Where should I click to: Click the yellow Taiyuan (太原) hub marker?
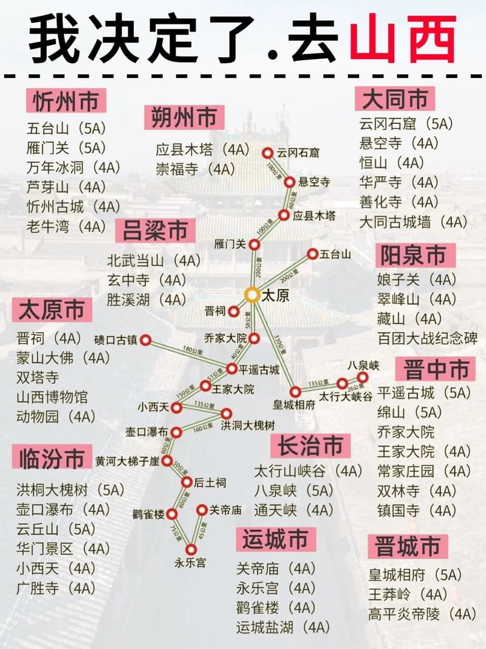click(x=252, y=295)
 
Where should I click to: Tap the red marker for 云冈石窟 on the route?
click(x=267, y=153)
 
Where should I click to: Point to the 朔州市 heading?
click(x=184, y=117)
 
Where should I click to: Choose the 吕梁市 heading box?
click(x=156, y=231)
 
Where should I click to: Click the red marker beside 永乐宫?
click(x=191, y=550)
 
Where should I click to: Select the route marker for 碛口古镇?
click(x=145, y=340)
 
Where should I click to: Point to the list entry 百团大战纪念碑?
click(x=427, y=338)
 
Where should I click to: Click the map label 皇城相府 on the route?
click(x=294, y=404)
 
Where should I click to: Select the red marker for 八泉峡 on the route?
click(x=363, y=377)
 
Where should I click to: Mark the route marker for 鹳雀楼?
click(x=172, y=514)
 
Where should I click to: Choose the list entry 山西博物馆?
click(x=52, y=397)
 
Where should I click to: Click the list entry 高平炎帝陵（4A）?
click(x=422, y=614)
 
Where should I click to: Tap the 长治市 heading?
click(x=310, y=446)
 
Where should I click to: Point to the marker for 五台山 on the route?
click(x=312, y=254)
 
